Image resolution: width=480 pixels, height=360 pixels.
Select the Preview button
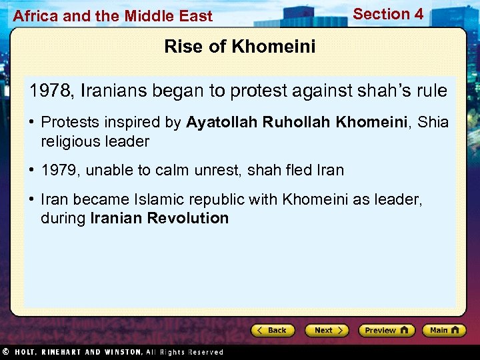point(386,330)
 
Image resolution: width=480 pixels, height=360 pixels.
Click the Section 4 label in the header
point(388,14)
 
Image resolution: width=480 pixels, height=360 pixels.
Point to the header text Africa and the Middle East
point(113,16)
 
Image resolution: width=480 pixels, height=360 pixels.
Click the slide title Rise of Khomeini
point(240,47)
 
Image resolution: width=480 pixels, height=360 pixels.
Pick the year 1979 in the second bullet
point(59,170)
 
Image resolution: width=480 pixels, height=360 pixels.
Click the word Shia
point(433,123)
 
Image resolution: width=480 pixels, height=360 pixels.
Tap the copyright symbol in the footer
point(5,351)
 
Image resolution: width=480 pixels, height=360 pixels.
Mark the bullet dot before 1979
point(31,170)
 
